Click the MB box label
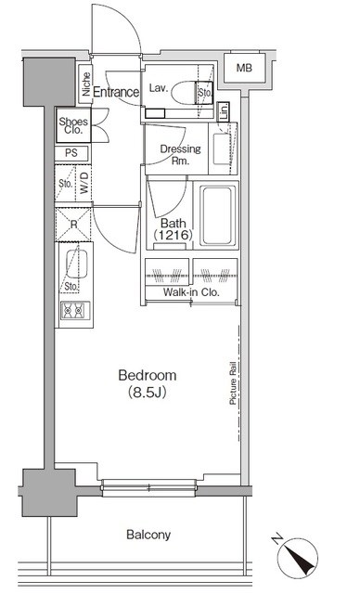coord(243,69)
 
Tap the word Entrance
coord(116,92)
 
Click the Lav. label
coord(157,87)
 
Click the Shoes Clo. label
coord(74,125)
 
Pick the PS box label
coord(71,153)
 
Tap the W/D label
coord(84,182)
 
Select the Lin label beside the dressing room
coord(224,111)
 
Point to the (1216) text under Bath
coord(174,237)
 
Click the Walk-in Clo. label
coord(190,292)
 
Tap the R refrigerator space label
coord(71,224)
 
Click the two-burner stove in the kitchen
coord(72,313)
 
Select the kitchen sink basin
coord(74,265)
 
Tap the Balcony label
coord(148,535)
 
